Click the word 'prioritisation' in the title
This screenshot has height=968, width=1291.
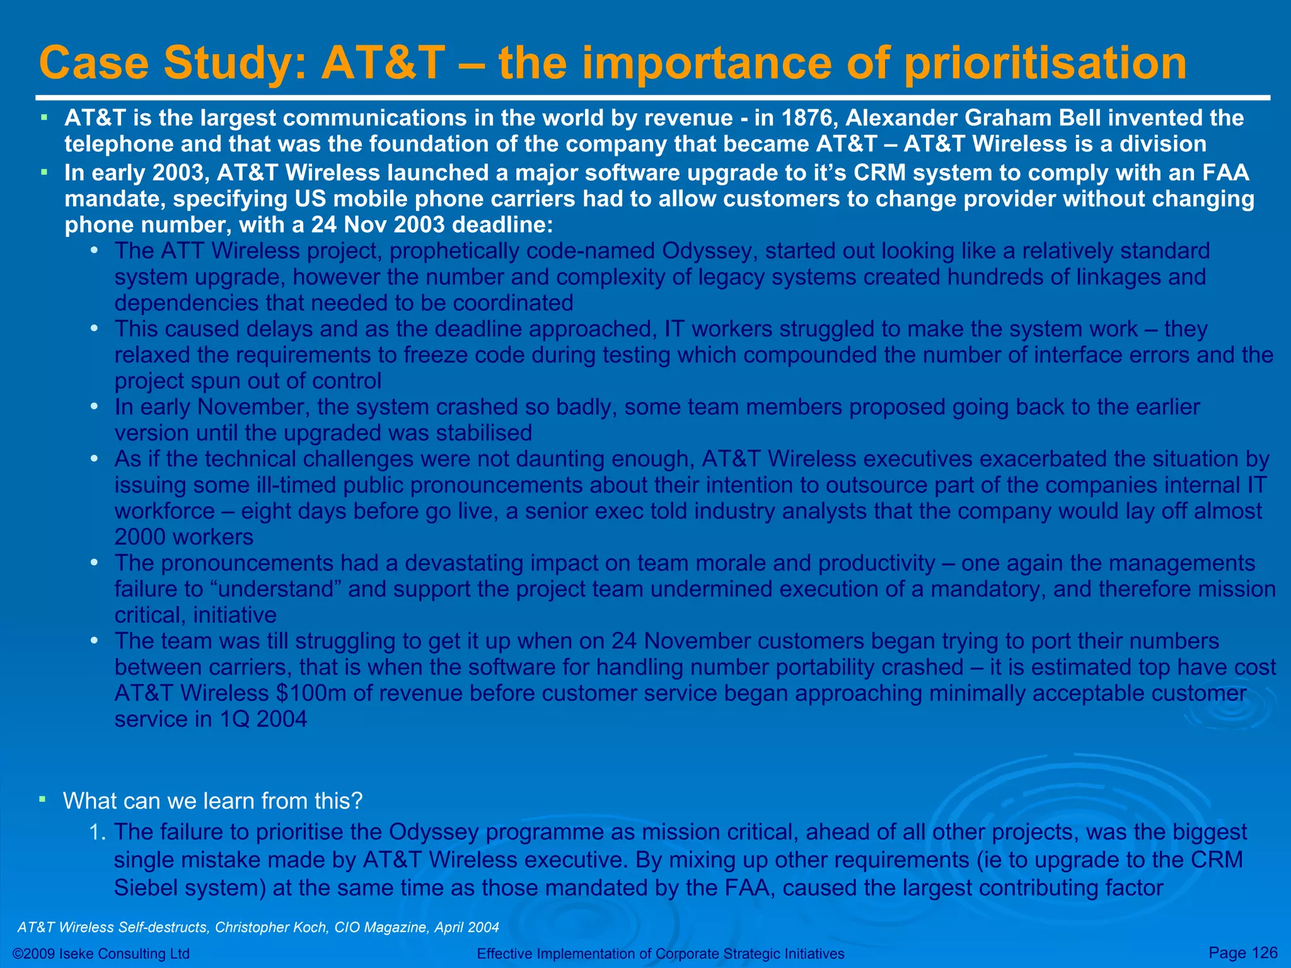pos(1045,64)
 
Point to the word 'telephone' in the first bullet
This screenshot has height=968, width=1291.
pos(119,144)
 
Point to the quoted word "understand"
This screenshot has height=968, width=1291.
pos(275,589)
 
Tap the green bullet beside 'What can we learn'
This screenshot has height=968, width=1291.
pos(42,800)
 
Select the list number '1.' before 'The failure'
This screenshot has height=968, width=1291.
pos(97,832)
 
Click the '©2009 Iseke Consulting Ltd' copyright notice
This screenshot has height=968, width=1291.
pos(101,954)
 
